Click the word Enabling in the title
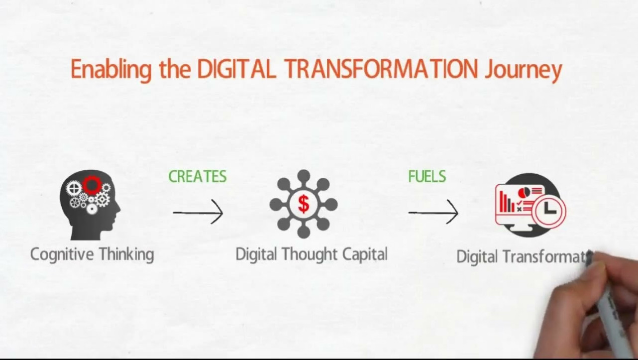(x=111, y=70)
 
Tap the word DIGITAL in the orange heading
(x=236, y=69)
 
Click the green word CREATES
(x=198, y=176)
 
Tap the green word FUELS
(x=427, y=176)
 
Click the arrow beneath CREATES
(x=198, y=212)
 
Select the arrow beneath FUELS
(x=433, y=212)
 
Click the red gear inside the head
(x=92, y=185)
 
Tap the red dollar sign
(x=304, y=204)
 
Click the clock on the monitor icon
(x=549, y=211)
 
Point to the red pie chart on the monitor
(x=523, y=192)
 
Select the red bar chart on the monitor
(x=507, y=202)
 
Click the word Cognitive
(x=62, y=255)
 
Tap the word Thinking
(x=126, y=254)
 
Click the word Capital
(x=365, y=254)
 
